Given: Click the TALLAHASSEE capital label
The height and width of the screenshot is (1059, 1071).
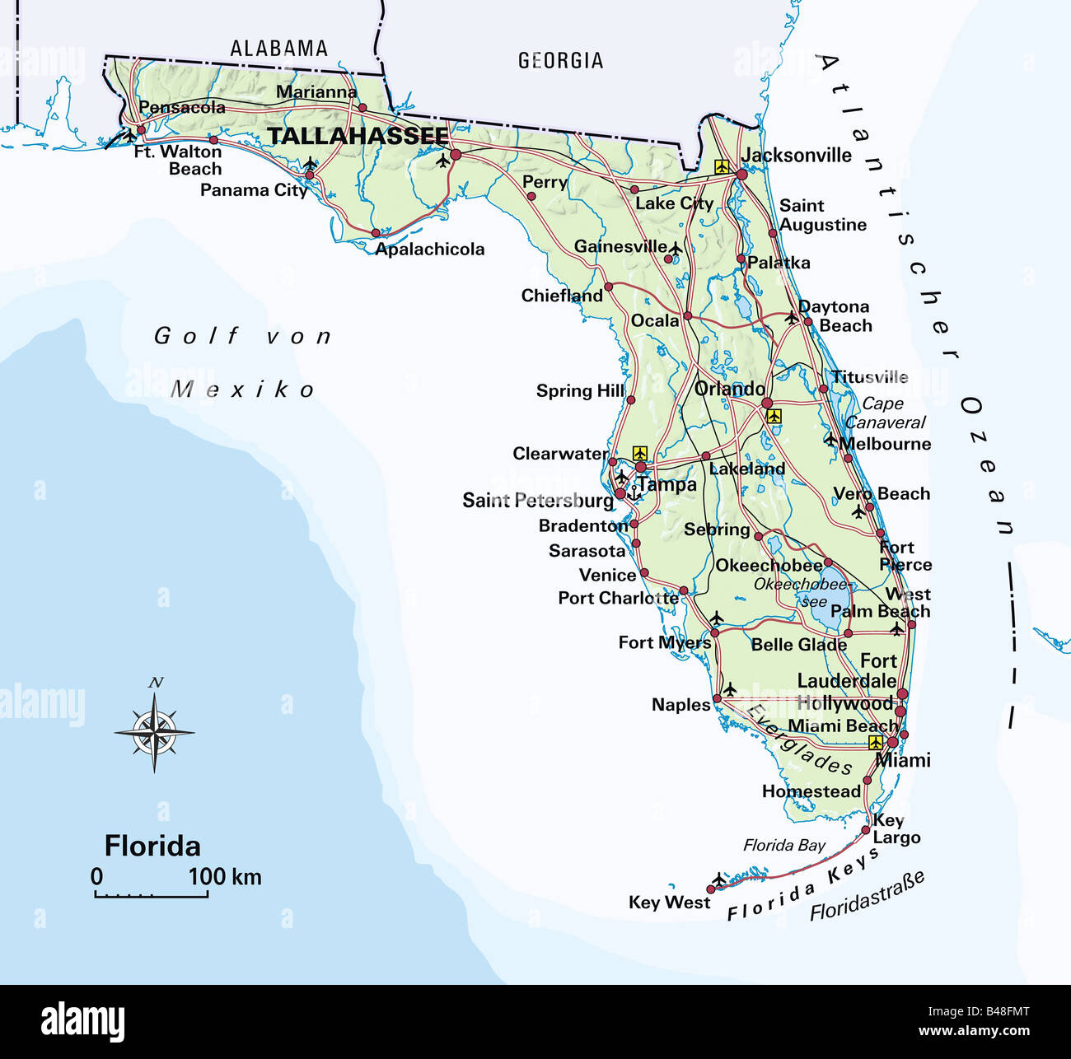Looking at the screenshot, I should tap(358, 136).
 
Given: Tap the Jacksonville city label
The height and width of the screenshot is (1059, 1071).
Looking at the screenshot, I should tap(797, 155).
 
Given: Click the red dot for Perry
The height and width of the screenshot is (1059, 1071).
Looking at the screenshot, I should tap(531, 196).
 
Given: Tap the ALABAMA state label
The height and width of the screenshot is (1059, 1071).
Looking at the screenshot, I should tap(278, 49).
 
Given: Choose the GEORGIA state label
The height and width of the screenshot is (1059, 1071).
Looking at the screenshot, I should tap(560, 60).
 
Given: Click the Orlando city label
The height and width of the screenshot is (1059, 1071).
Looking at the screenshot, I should tap(730, 389).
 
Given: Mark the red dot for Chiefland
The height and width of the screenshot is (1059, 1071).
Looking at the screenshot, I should tap(609, 287).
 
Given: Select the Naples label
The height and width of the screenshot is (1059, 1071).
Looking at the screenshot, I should tap(680, 705).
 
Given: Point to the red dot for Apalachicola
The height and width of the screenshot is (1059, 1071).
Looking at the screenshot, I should tap(376, 233).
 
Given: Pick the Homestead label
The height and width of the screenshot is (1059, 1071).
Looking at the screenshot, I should tap(811, 791).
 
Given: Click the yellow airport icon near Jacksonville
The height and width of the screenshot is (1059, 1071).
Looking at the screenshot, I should tap(723, 166).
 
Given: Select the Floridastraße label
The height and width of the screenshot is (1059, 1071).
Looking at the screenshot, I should tap(867, 896).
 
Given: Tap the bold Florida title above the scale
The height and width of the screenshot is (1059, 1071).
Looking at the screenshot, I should tap(152, 846).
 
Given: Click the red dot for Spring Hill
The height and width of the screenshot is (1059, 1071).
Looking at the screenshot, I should tap(630, 400).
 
